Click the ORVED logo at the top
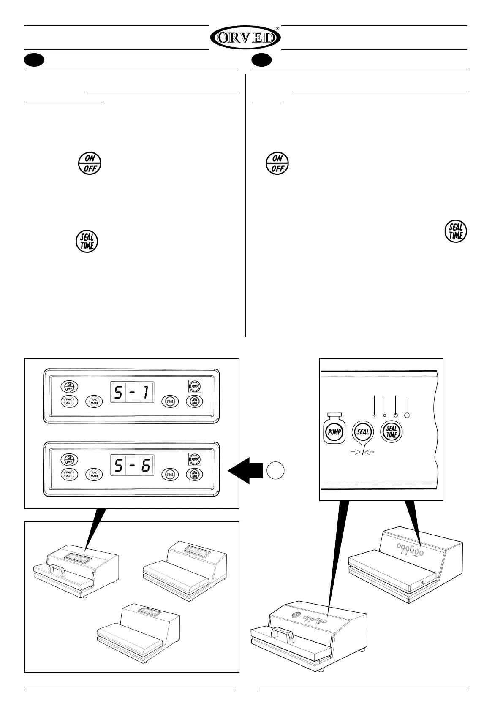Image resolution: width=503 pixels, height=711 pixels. tap(245, 38)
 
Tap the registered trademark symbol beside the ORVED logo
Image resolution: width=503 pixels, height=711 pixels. tap(277, 29)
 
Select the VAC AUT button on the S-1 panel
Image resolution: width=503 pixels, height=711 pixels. tap(69, 401)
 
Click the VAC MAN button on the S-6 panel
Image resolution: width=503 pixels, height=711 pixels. tap(94, 474)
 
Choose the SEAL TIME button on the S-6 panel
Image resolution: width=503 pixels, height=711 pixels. tap(194, 474)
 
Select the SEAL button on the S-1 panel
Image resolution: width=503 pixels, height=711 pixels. tap(170, 401)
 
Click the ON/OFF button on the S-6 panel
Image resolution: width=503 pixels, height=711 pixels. tap(68, 459)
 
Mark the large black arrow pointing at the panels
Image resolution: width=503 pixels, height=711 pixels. tap(246, 470)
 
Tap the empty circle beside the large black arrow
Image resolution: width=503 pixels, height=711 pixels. tap(275, 470)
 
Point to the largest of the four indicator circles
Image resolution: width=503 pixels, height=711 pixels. tap(407, 415)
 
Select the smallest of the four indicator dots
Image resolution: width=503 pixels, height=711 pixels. tap(375, 416)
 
